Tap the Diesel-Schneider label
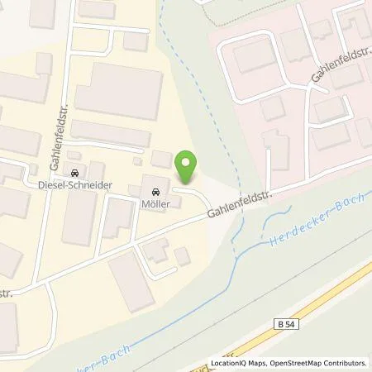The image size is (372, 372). tap(77, 185)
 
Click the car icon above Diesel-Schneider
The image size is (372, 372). tap(77, 174)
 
